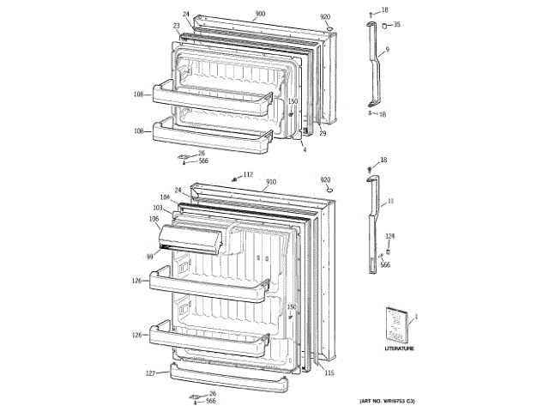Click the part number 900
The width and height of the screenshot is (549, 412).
pos(260,15)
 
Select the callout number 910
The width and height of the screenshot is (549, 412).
pos(270,182)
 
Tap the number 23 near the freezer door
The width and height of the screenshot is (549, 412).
pos(177,26)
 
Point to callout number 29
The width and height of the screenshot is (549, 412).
pos(323,133)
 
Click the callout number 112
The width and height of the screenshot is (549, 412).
pos(249,175)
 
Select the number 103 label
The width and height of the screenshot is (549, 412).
pos(158,208)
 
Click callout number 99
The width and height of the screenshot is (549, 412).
pos(149,255)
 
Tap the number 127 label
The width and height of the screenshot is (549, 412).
pos(150,373)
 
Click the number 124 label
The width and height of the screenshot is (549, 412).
pos(389,236)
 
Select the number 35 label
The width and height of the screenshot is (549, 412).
pos(396,25)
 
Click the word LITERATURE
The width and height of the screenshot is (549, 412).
pos(399,348)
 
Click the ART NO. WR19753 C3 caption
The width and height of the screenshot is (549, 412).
pos(386,402)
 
